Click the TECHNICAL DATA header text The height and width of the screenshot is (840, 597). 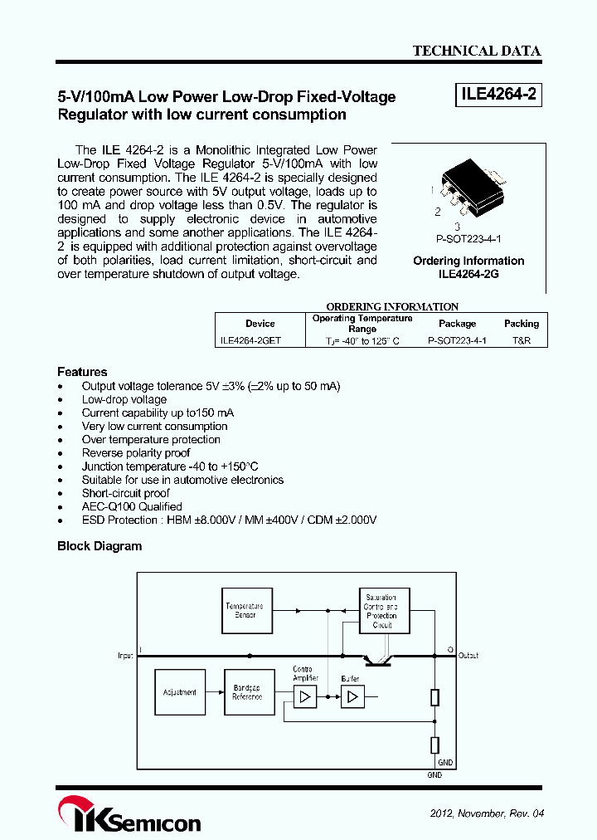tap(477, 51)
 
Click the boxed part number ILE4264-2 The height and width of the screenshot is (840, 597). tap(498, 95)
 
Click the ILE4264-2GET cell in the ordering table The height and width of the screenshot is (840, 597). tap(250, 340)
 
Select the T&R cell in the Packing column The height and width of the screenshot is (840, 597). tap(521, 340)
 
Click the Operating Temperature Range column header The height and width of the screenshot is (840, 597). tap(362, 324)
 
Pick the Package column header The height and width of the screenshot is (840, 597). tap(457, 324)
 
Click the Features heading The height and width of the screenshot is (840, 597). tap(82, 372)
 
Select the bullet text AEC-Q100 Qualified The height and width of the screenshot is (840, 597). tap(132, 506)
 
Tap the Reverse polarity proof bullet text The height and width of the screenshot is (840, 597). tap(136, 453)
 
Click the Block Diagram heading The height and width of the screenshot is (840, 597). tap(99, 546)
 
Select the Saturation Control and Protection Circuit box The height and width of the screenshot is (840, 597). tap(381, 611)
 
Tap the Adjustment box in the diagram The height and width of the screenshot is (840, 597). tap(179, 692)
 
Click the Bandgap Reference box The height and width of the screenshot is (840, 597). tap(247, 692)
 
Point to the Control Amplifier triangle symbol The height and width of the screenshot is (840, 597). tap(305, 697)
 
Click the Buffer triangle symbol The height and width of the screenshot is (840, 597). tap(352, 697)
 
